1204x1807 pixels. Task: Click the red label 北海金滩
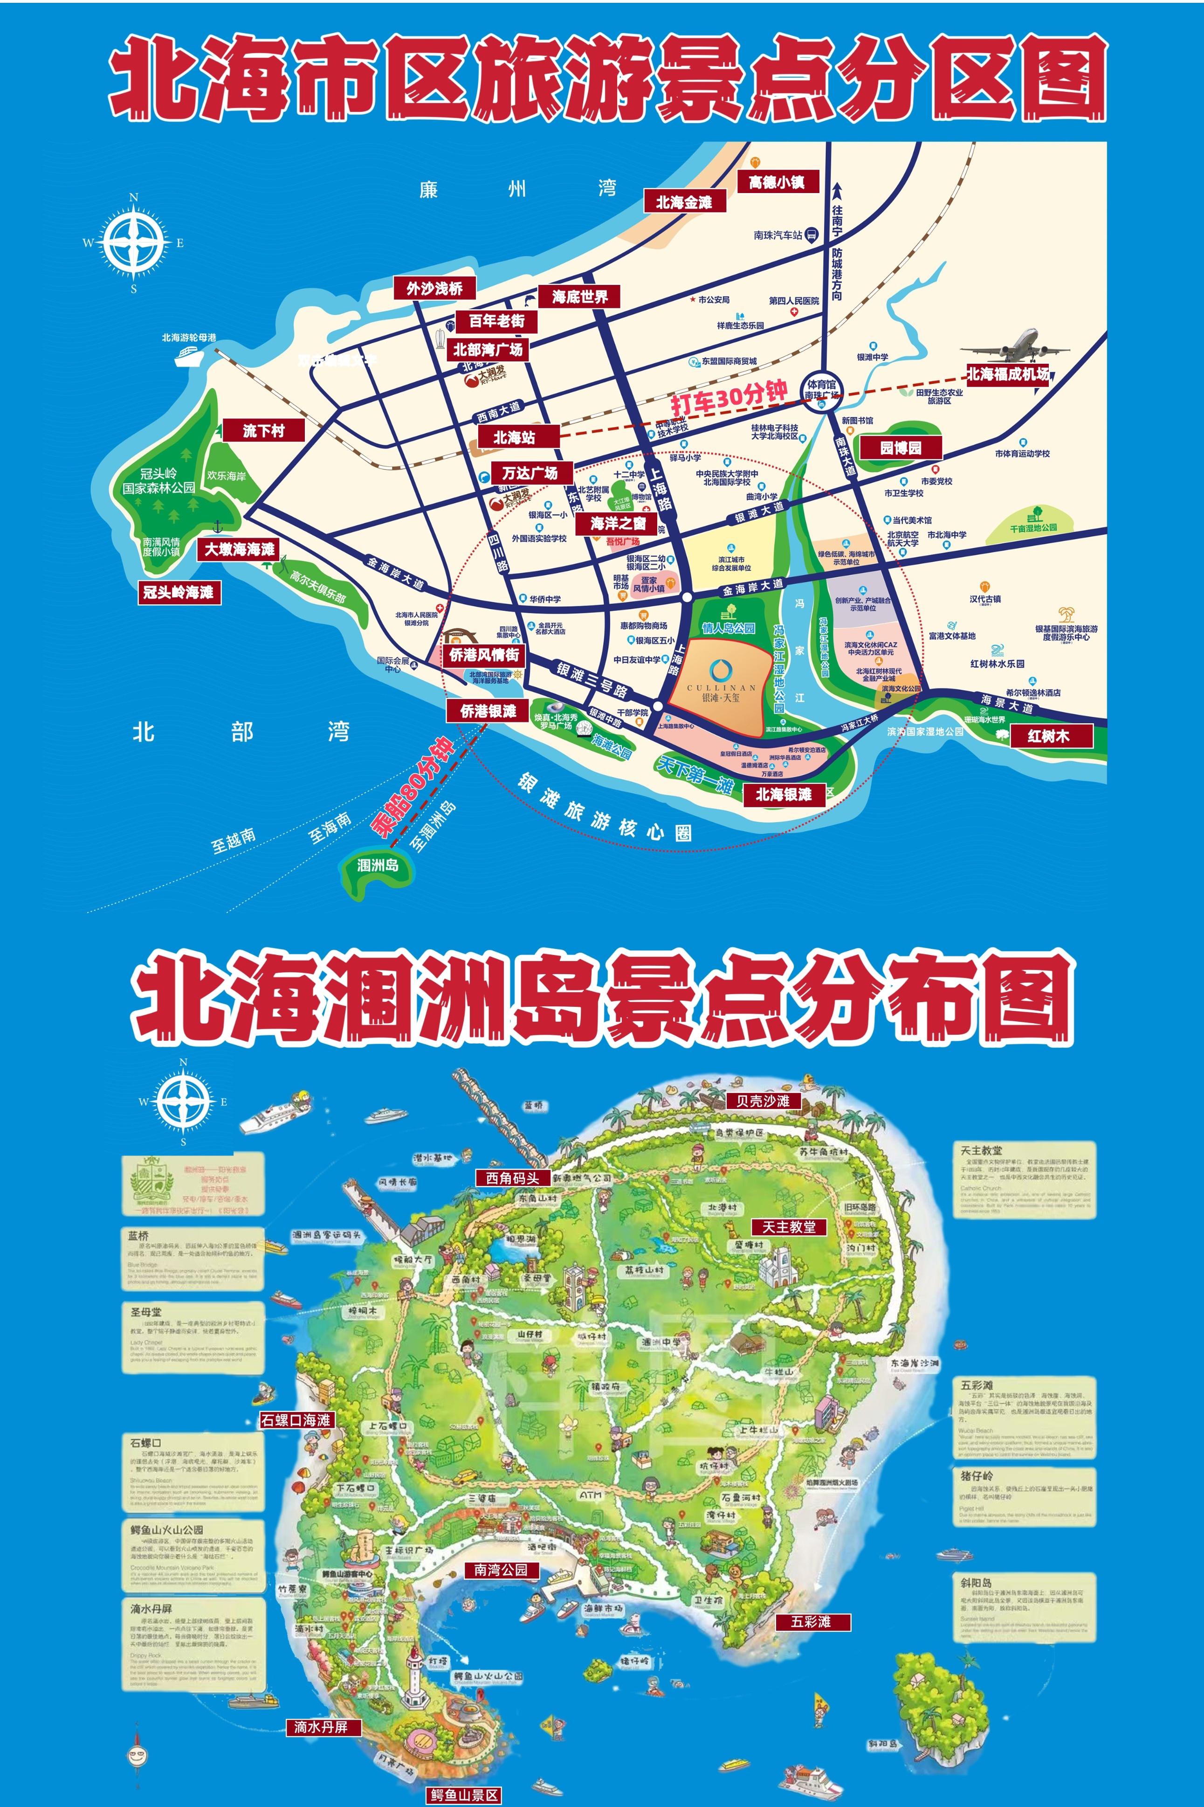tap(683, 202)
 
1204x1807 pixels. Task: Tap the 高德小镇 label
tap(776, 182)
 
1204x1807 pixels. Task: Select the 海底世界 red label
tap(580, 297)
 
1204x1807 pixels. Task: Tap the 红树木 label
tap(1049, 736)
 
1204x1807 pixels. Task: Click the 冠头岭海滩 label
tap(178, 592)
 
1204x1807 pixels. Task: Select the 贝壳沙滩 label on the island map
tap(763, 1101)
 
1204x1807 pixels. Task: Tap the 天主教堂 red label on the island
tap(789, 1226)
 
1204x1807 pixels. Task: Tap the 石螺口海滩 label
tap(296, 1420)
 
